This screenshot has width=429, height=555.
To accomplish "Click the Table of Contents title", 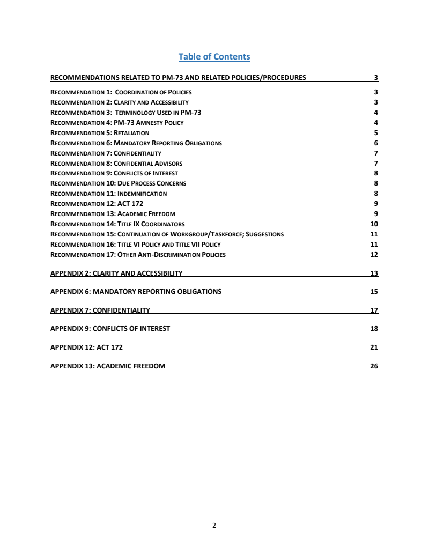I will [x=214, y=56].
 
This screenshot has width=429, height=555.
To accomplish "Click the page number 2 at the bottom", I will [x=214, y=526].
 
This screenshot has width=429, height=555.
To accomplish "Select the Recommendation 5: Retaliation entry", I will [x=100, y=133].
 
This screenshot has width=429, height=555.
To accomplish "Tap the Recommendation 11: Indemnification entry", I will [x=108, y=194].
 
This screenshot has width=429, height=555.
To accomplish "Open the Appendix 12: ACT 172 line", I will [x=86, y=347].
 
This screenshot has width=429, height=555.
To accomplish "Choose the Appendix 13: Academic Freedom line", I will [x=108, y=366].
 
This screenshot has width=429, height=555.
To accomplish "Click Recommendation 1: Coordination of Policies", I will [x=121, y=92].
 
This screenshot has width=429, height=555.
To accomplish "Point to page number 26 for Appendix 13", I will [x=374, y=366].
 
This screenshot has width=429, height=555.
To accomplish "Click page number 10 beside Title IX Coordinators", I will [x=374, y=224].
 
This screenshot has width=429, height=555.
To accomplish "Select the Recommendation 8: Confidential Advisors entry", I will [x=116, y=164].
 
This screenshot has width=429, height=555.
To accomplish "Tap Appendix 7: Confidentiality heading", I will [x=100, y=310].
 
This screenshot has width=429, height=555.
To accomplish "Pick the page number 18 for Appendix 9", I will [x=374, y=329].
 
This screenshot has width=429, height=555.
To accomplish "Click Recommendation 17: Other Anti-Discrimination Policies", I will [x=138, y=255].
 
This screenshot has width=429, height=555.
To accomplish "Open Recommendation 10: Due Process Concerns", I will [x=118, y=183].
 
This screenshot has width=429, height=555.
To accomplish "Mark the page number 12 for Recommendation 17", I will [x=374, y=255].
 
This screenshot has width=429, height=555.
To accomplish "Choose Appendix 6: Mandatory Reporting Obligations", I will [x=136, y=292].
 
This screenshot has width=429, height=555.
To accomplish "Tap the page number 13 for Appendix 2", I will [x=374, y=273].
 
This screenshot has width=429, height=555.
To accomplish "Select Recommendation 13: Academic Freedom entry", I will [x=113, y=214].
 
